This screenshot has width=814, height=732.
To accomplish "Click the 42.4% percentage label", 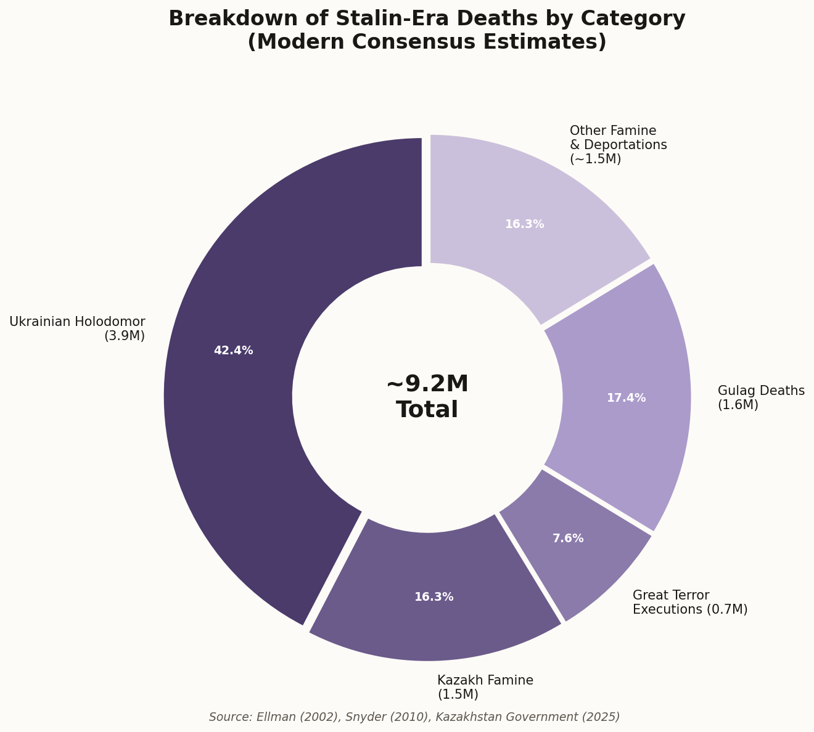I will click(233, 351).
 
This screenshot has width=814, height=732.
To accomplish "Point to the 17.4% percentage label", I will click(626, 398).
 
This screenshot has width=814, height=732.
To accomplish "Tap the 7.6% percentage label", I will click(568, 539).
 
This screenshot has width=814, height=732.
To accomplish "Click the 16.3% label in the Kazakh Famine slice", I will click(434, 597).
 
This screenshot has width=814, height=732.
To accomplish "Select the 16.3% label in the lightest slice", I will click(524, 224).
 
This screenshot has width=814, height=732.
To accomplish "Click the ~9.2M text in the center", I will click(427, 384).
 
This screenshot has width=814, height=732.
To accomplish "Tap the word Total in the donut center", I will click(427, 410).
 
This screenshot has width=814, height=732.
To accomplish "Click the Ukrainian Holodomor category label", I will click(78, 328).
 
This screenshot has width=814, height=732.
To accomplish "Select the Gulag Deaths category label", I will click(761, 397).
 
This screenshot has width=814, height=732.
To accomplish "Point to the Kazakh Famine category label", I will click(485, 687).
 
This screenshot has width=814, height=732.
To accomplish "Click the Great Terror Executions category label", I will click(689, 602).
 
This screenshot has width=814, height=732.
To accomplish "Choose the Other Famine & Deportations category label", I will click(618, 145).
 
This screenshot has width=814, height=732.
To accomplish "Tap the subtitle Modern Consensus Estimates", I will click(427, 43).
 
